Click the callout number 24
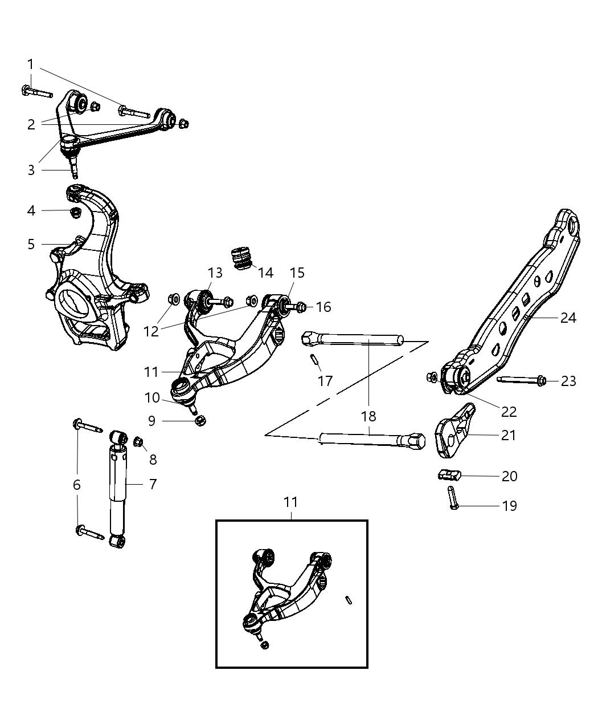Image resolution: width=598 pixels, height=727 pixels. (x=568, y=318)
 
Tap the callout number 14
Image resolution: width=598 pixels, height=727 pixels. (x=265, y=273)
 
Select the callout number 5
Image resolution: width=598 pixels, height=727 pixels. (x=31, y=244)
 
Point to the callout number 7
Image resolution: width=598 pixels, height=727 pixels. (x=152, y=484)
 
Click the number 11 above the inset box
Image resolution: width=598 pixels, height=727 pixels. (x=291, y=502)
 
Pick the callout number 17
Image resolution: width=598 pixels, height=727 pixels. (x=325, y=381)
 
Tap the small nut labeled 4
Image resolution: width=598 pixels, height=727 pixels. (x=73, y=212)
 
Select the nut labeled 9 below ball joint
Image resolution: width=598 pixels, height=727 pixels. (x=200, y=421)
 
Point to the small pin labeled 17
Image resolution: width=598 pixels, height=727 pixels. (x=314, y=360)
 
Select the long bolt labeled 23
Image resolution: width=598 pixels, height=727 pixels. (x=522, y=380)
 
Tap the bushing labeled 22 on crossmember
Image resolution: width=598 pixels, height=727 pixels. (x=460, y=376)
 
